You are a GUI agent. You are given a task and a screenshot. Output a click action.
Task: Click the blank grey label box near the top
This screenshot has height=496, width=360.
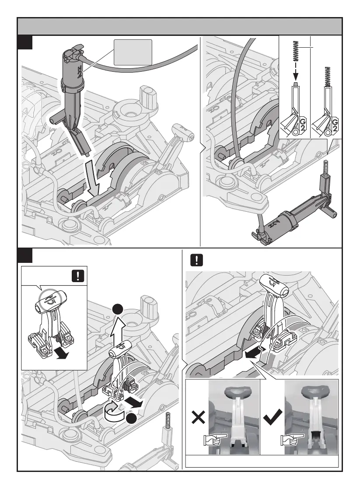[x=133, y=52]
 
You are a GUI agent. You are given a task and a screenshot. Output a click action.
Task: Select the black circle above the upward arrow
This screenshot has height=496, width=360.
[x=117, y=310]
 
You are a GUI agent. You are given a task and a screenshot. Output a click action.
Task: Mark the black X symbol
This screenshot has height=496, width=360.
[x=198, y=419]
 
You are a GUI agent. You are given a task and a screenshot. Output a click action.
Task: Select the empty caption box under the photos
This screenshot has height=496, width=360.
[x=262, y=461]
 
